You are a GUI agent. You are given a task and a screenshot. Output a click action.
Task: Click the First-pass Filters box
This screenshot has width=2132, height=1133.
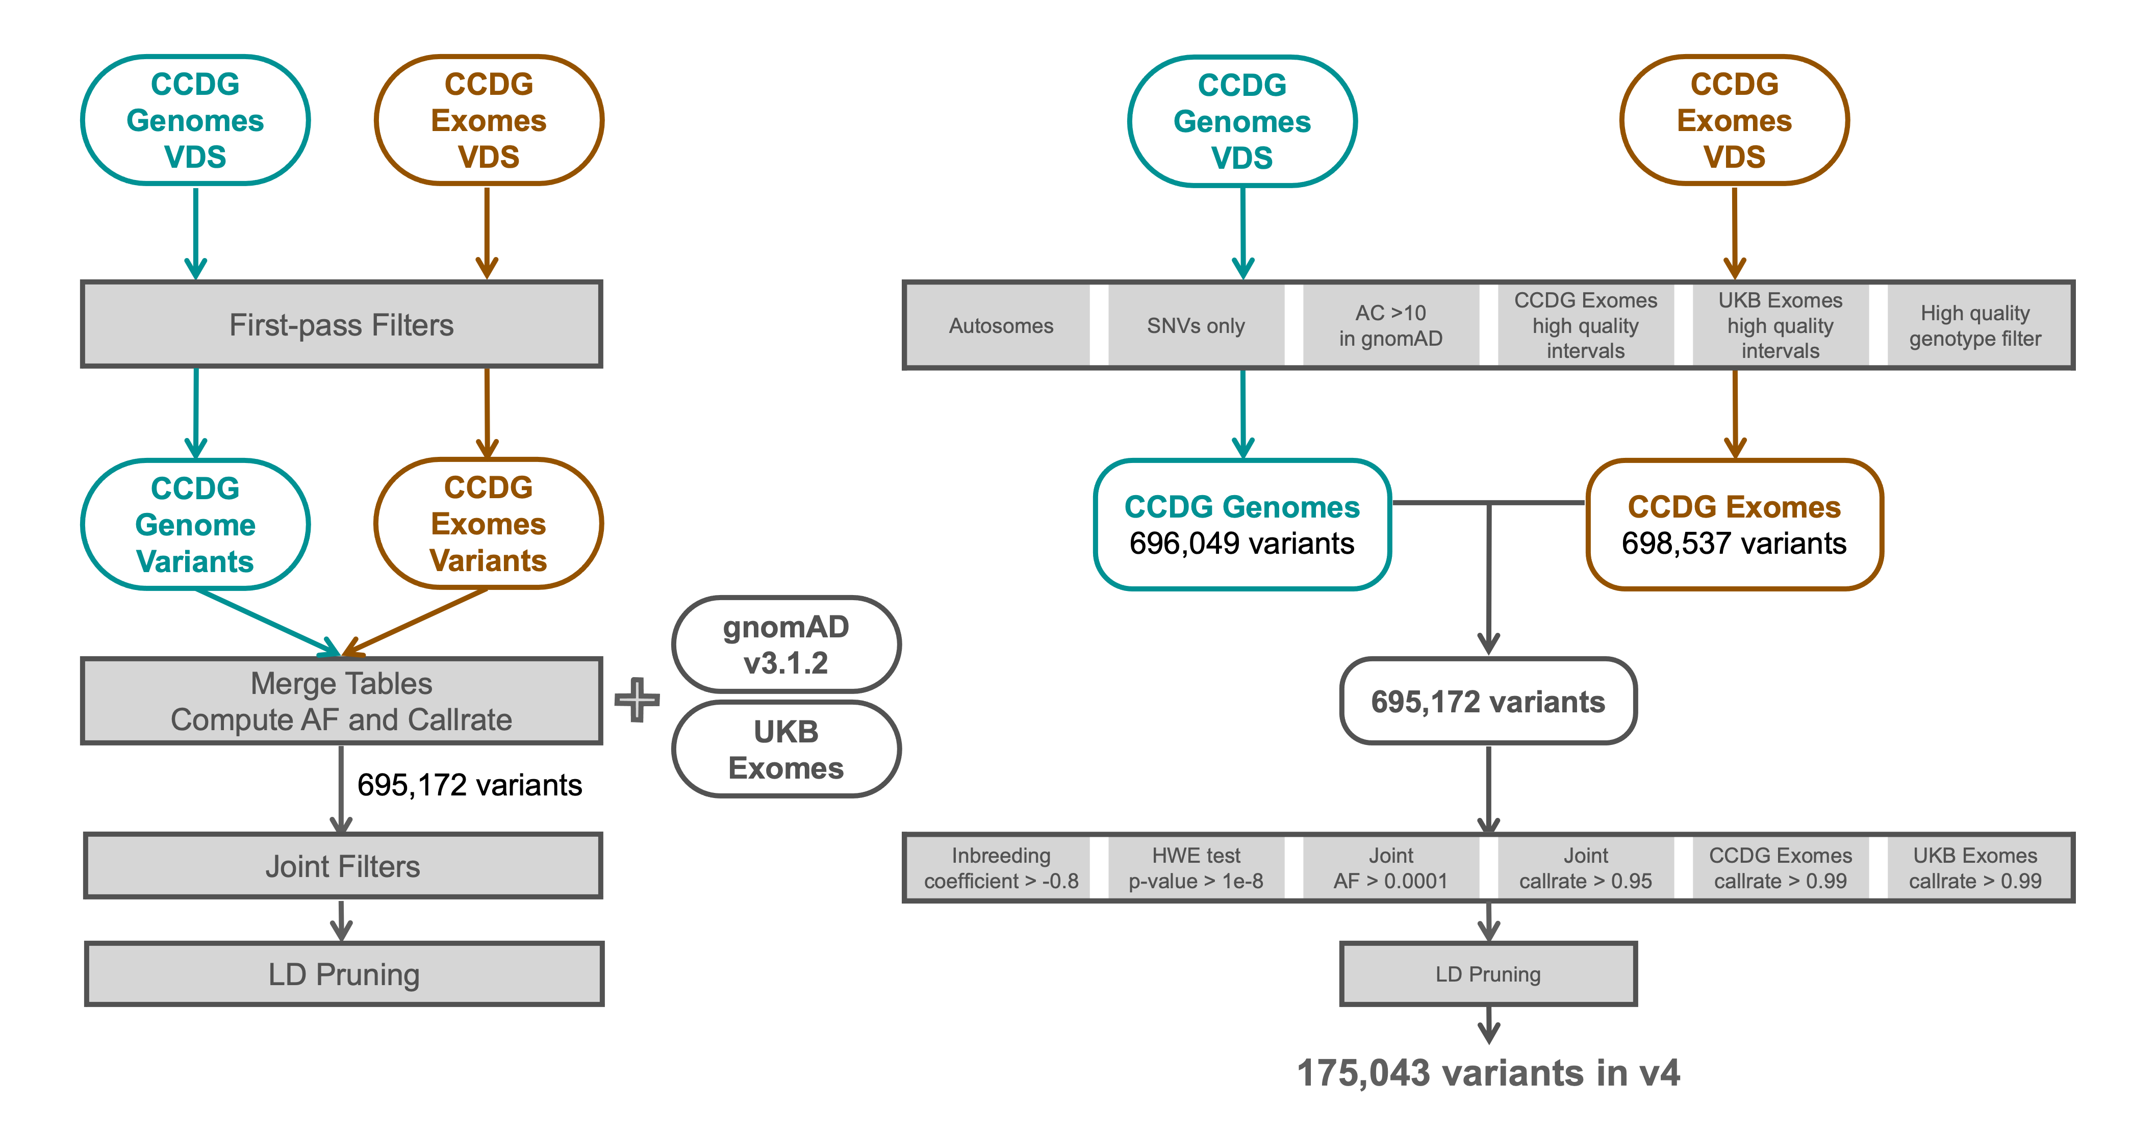click(x=341, y=324)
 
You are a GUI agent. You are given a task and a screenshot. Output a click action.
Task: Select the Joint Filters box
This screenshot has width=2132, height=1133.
click(x=343, y=866)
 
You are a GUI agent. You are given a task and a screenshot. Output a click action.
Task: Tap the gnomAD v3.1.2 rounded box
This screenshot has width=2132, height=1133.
click(x=785, y=645)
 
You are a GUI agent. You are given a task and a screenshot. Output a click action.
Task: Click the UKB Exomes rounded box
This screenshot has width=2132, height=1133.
click(x=785, y=750)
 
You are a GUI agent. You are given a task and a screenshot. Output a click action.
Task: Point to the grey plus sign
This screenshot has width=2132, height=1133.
click(x=637, y=700)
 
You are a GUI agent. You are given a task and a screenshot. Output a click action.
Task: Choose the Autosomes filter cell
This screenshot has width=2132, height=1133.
click(x=1001, y=325)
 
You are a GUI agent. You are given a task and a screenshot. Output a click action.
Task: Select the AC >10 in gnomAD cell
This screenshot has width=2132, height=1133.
click(x=1390, y=325)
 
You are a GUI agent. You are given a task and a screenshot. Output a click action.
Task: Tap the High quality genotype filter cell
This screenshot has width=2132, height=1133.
click(x=1975, y=325)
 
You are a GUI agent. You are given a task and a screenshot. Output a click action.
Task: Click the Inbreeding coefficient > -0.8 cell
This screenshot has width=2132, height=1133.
click(x=1001, y=867)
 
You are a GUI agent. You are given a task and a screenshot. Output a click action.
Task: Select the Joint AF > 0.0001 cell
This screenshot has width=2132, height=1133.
click(x=1390, y=867)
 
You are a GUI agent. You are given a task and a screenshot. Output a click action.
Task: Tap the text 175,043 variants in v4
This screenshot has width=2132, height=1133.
click(x=1488, y=1073)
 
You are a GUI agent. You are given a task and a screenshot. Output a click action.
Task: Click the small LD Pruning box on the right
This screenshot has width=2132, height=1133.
click(x=1488, y=974)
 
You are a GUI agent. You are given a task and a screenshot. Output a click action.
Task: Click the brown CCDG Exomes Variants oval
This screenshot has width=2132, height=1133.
click(x=488, y=524)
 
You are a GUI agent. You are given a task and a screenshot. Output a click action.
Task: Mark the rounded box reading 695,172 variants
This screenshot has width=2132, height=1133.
click(x=1488, y=702)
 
